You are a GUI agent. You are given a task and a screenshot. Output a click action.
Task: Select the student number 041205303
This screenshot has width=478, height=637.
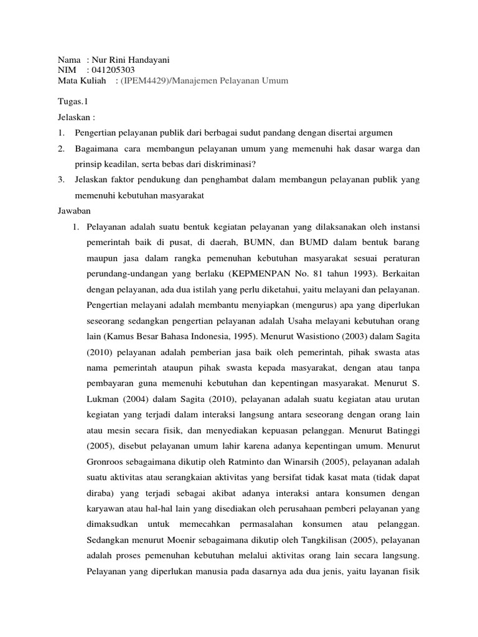112,70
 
